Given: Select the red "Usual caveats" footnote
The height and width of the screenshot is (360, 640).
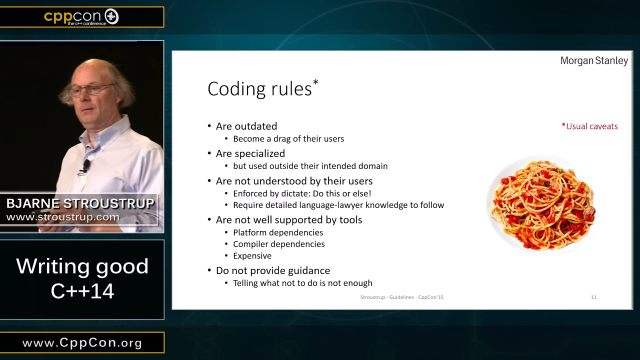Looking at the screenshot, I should pyautogui.click(x=590, y=126).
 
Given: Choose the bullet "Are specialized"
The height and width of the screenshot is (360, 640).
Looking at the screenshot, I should pyautogui.click(x=251, y=153).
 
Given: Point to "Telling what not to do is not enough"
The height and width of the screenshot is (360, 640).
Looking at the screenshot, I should pyautogui.click(x=306, y=284).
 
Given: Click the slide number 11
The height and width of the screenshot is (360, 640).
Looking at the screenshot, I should pyautogui.click(x=594, y=298).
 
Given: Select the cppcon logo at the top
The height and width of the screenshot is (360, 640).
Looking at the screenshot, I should pyautogui.click(x=80, y=16).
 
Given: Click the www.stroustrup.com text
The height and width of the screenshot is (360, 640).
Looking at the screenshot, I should pyautogui.click(x=63, y=216).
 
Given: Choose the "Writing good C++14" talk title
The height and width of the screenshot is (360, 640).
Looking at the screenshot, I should pyautogui.click(x=82, y=279).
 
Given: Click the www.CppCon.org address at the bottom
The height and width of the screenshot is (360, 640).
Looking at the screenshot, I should pyautogui.click(x=82, y=343).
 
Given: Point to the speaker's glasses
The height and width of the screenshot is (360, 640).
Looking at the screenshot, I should pyautogui.click(x=91, y=89).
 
